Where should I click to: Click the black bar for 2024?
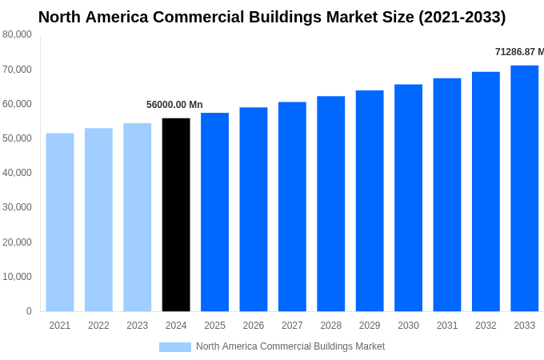(x=176, y=214)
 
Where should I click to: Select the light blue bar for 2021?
(x=60, y=222)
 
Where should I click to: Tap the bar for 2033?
(x=524, y=188)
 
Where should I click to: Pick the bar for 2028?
(x=330, y=203)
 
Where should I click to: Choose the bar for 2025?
(x=214, y=212)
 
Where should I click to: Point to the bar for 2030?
(x=408, y=198)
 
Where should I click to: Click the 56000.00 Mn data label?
(x=174, y=105)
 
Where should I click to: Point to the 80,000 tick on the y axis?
(x=17, y=34)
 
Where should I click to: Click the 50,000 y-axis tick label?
(x=17, y=138)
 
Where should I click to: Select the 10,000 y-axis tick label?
(x=17, y=277)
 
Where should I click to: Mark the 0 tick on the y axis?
(x=29, y=311)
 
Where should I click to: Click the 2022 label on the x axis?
(x=98, y=326)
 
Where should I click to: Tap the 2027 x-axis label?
(x=292, y=326)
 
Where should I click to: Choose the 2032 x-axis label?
(x=486, y=326)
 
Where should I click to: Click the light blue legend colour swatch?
(x=175, y=347)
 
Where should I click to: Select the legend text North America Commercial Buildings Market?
(x=290, y=346)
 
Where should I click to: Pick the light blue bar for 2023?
(x=137, y=217)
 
